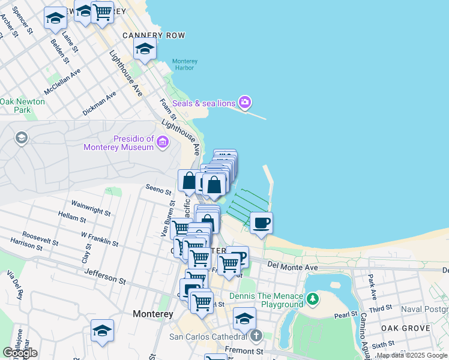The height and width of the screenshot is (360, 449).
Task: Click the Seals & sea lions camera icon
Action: tap(244, 103)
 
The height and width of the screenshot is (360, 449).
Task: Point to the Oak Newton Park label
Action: tap(22, 106)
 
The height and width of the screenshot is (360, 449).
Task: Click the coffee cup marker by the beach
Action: tap(261, 223)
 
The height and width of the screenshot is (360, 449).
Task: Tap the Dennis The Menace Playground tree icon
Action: tap(312, 298)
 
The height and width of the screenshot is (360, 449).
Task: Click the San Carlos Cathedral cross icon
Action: tap(256, 336)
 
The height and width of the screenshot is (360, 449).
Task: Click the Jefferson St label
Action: tap(104, 276)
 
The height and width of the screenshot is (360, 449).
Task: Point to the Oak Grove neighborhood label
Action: tap(405, 328)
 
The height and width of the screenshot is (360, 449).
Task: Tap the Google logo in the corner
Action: tap(20, 352)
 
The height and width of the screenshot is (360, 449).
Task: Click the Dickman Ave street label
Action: tap(100, 103)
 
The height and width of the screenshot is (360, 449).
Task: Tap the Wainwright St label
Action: tap(91, 208)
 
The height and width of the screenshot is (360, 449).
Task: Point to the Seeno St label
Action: tap(159, 189)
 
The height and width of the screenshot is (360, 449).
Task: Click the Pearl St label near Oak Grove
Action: tap(346, 314)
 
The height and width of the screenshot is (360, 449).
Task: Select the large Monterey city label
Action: tap(153, 314)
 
